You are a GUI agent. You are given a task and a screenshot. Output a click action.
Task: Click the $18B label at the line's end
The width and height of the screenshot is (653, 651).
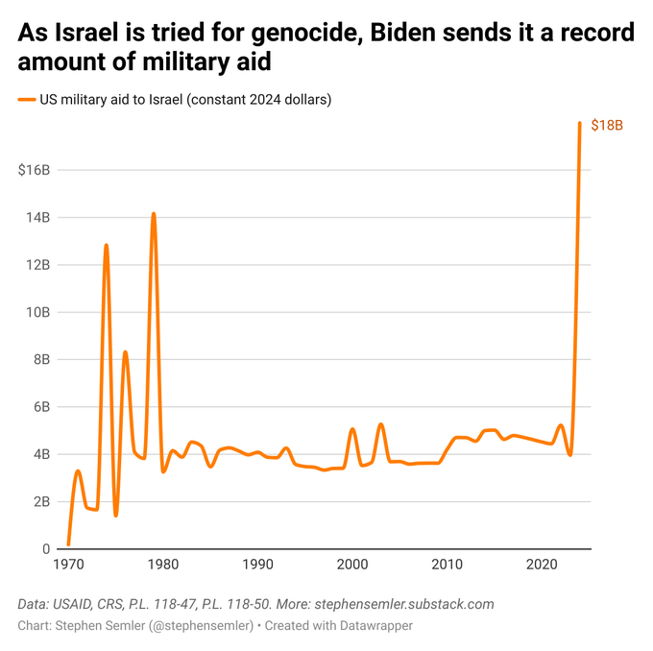point(607,126)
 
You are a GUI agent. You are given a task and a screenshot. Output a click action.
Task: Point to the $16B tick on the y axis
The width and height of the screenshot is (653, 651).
point(34,170)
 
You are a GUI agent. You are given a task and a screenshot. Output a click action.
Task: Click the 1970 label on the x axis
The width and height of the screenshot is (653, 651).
point(68,564)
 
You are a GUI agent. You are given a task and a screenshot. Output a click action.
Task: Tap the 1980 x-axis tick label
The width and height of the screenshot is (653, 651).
point(162,564)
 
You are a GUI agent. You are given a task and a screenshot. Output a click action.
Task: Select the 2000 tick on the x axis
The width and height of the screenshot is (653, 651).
point(352,564)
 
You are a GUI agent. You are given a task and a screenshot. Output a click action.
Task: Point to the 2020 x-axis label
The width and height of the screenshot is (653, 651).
point(543,564)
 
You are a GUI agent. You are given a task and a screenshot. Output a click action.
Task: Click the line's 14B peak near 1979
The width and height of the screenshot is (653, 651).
point(153,214)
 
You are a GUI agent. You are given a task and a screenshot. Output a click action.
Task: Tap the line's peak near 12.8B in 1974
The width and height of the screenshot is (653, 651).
point(106,246)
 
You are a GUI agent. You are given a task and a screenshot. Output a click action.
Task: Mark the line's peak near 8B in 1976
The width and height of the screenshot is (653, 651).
point(125,352)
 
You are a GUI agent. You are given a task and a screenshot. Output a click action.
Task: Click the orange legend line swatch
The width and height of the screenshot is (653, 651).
point(26,100)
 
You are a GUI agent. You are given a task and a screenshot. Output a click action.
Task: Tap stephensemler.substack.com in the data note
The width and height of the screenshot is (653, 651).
point(404,604)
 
